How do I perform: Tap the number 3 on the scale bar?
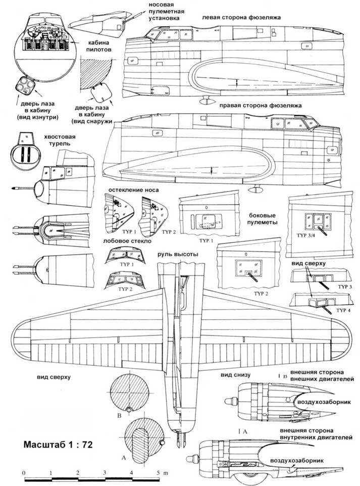pyautogui.click(x=105, y=472)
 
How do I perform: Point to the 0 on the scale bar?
pyautogui.click(x=24, y=472)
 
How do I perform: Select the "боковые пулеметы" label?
pyautogui.click(x=264, y=218)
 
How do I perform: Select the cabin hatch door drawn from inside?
pyautogui.click(x=24, y=86)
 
